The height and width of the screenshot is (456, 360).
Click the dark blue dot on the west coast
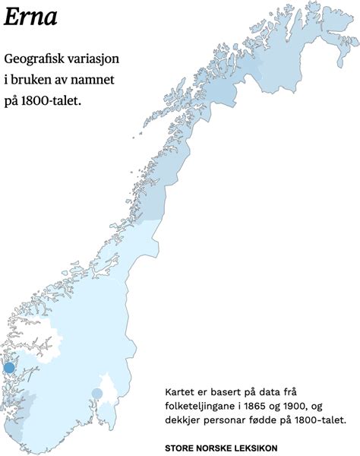9,368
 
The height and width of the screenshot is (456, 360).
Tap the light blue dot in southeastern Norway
97,393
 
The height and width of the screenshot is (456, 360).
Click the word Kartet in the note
179,391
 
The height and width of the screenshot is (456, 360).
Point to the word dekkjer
182,419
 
